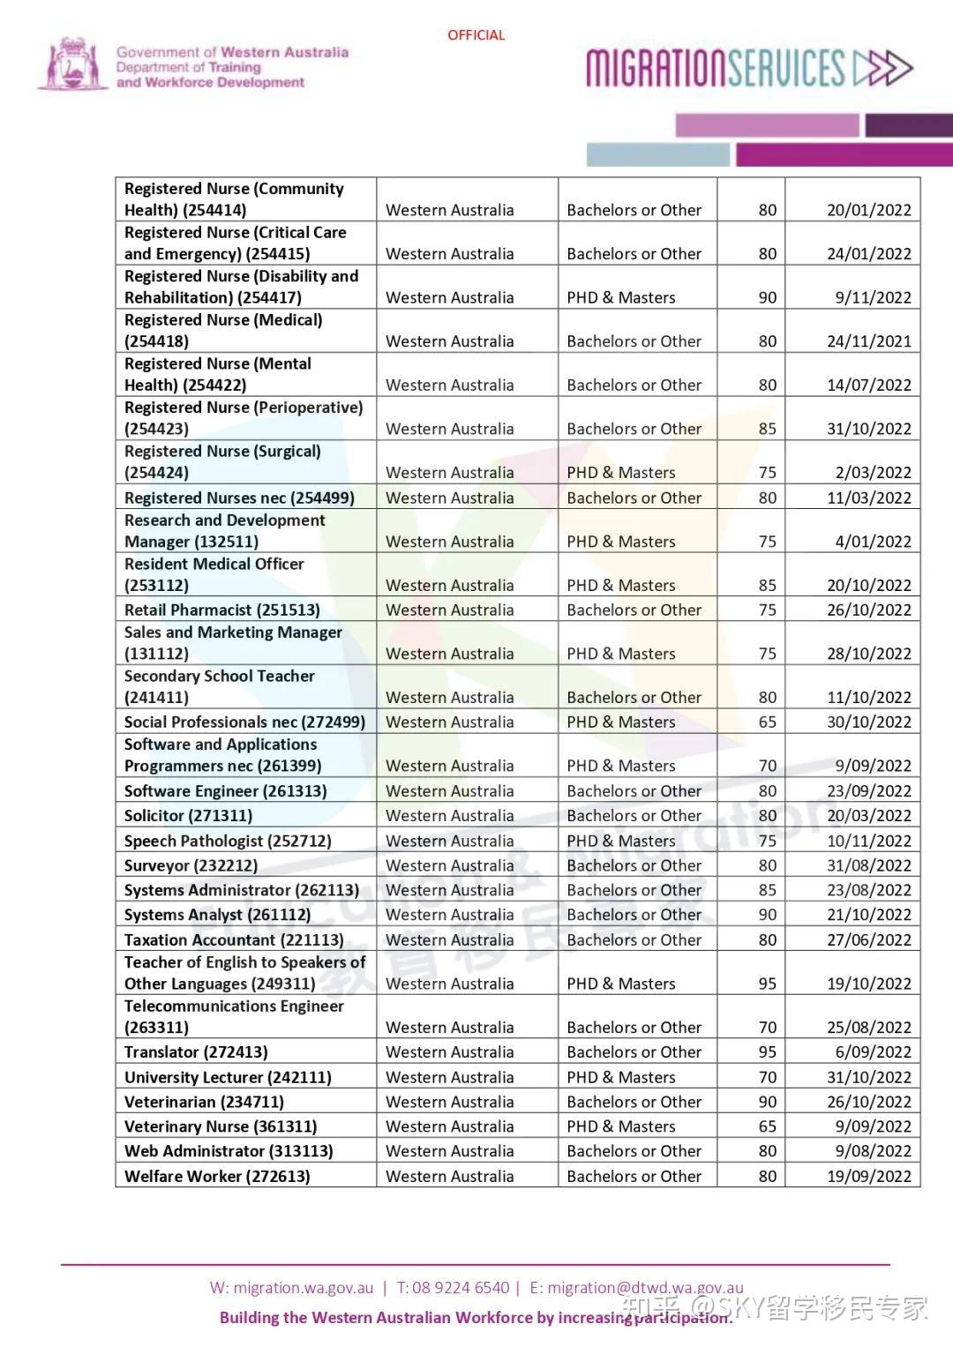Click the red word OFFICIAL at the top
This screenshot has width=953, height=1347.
[476, 35]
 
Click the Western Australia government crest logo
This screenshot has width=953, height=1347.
[72, 64]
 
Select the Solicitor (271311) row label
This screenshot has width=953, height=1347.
[188, 816]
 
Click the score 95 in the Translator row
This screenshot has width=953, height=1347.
[767, 1052]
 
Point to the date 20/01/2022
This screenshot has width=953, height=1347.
[868, 210]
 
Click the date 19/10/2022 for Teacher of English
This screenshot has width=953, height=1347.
[868, 984]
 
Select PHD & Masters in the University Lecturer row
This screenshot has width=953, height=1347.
[620, 1077]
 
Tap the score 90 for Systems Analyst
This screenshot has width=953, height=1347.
[767, 915]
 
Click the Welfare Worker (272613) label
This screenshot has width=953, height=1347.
[217, 1176]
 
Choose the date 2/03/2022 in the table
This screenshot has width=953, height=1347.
[873, 473]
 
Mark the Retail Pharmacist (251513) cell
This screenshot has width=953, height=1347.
[221, 610]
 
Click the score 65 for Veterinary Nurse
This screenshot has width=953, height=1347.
[767, 1126]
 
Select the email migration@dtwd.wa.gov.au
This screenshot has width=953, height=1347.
[645, 1288]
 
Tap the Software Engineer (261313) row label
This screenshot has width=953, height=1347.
[225, 791]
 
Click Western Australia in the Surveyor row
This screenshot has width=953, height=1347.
[449, 865]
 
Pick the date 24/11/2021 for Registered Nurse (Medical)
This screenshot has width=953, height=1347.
[868, 341]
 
